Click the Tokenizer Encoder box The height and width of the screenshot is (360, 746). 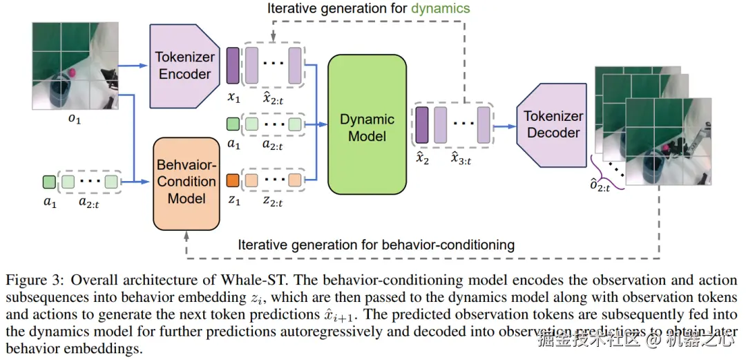pos(183,66)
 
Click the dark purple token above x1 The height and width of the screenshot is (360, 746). pos(233,66)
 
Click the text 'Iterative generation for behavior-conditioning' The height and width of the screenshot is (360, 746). pos(376,245)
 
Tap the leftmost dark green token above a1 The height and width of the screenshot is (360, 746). pos(49,182)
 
